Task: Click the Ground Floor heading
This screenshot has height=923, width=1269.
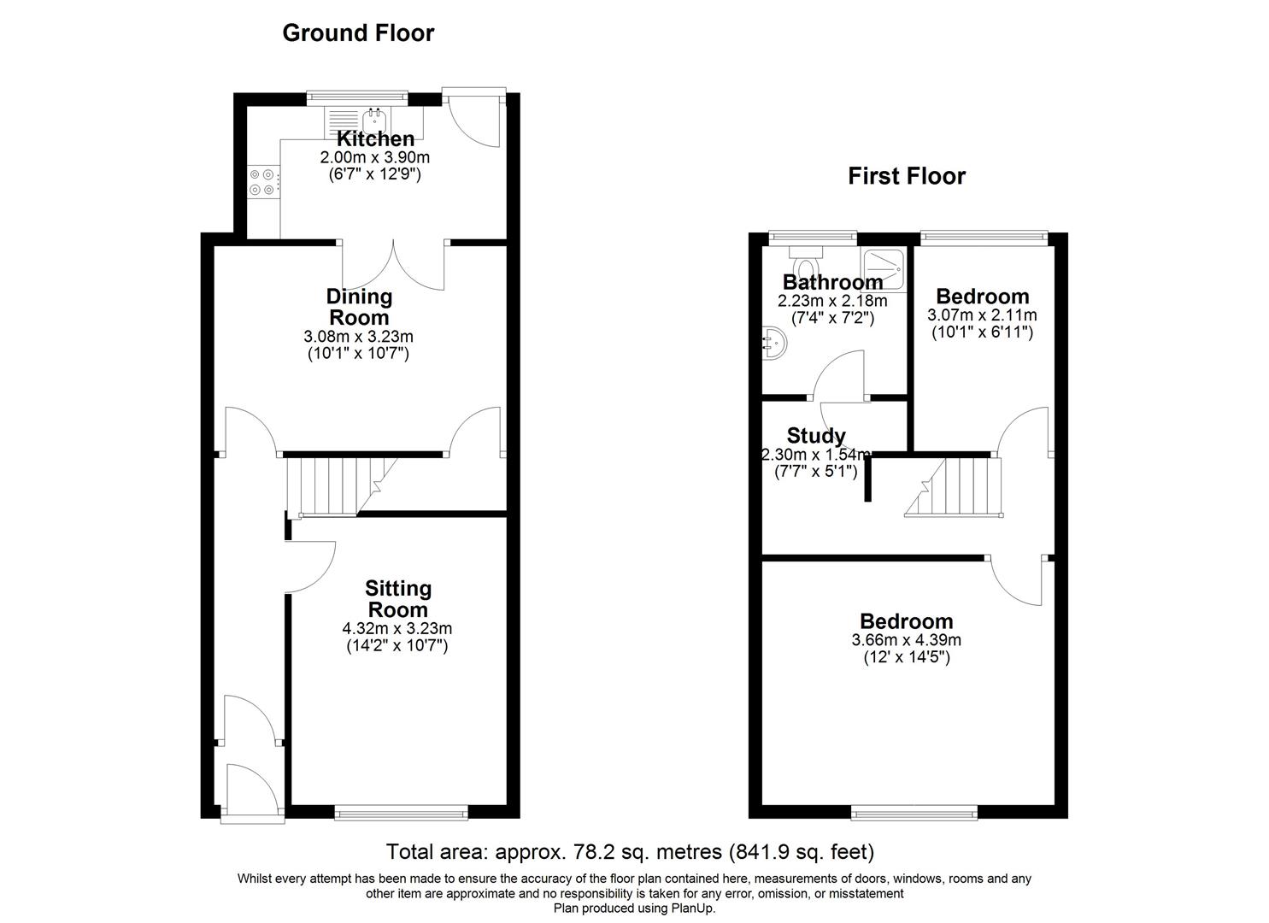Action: point(358,33)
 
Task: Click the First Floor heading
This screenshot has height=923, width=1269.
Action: point(906,176)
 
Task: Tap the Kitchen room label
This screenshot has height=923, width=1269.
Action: point(375,138)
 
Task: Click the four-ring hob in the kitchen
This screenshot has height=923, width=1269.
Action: point(262,182)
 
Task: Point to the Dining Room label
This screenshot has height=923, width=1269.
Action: point(359,307)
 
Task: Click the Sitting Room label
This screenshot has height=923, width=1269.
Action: point(397,599)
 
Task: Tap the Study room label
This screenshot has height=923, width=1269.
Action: point(816,437)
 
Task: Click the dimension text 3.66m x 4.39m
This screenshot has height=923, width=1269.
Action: point(906,640)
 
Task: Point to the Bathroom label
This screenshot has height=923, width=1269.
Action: point(832,282)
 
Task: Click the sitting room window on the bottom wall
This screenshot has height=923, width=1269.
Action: point(401,814)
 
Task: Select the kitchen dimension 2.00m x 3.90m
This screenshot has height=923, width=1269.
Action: point(374,157)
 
